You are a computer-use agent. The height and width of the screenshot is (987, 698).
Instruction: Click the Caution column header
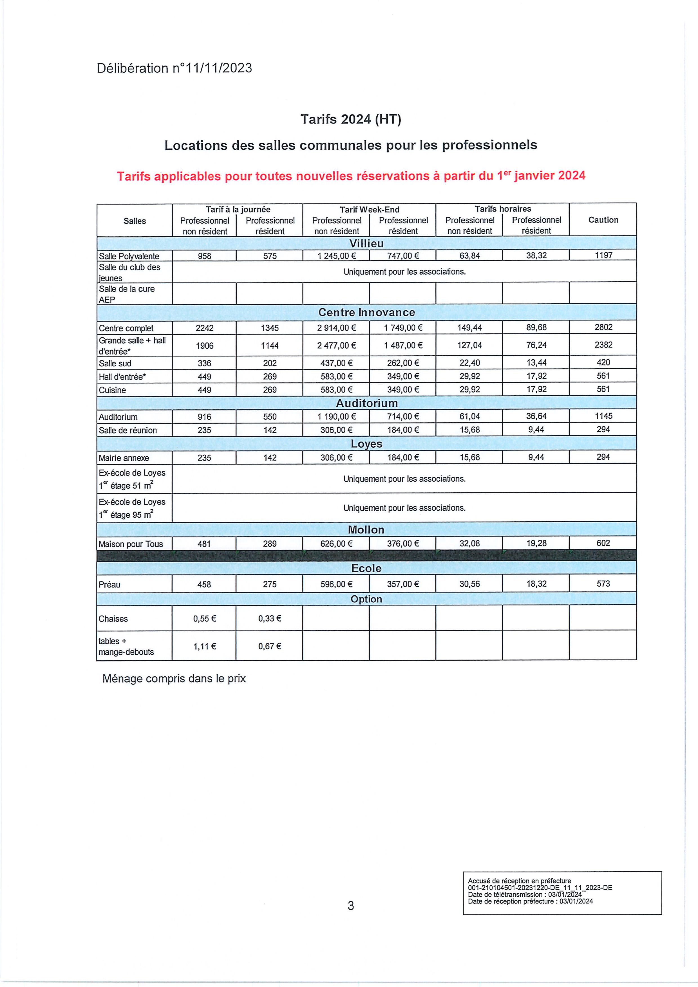603,220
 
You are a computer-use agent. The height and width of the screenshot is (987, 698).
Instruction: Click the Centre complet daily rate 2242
204,328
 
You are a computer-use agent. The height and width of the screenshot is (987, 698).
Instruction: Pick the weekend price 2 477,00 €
336,345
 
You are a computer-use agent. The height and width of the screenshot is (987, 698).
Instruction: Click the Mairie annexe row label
124,458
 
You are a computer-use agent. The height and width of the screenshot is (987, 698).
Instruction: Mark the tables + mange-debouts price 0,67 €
270,646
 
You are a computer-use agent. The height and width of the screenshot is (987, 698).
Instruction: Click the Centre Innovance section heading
366,312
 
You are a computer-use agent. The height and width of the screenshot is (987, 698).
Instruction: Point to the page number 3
350,906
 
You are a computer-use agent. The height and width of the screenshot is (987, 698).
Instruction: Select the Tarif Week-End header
369,209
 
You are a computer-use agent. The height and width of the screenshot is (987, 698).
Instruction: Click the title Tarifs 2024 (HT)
350,119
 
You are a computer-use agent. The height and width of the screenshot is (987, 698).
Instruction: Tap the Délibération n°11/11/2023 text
174,68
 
